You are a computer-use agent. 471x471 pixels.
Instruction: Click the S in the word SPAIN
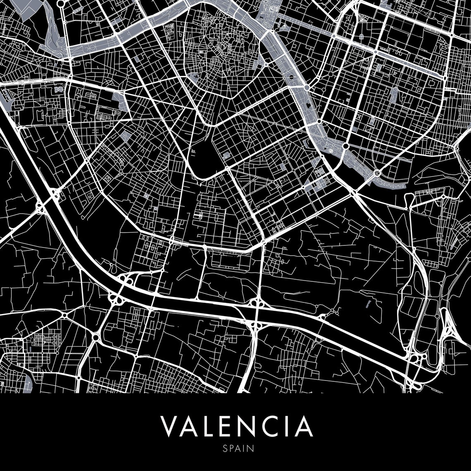224,448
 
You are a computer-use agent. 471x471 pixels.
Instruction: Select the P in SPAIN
230,448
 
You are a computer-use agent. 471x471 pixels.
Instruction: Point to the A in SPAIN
236,448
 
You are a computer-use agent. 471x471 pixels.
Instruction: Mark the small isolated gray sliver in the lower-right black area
368,304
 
